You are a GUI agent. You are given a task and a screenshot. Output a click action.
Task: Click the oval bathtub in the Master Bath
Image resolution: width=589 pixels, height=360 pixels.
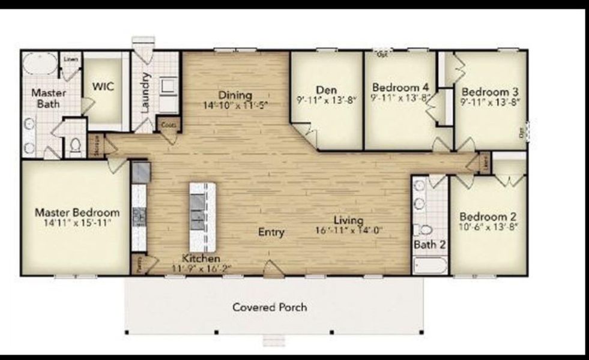click(40, 64)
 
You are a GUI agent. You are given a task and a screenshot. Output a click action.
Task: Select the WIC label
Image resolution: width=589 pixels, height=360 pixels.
click(103, 86)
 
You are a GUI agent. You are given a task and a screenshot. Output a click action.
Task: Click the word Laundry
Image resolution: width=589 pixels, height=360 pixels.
click(145, 92)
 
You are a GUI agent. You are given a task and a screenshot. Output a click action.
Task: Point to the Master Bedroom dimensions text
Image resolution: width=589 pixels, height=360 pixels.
click(76, 223)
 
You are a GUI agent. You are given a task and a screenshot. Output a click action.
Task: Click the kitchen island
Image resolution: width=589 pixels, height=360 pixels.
click(202, 217)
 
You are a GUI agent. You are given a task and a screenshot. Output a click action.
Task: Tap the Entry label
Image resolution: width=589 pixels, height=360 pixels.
click(271, 232)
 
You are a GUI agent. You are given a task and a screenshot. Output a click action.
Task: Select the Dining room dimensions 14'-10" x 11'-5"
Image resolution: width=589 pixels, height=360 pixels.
click(235, 105)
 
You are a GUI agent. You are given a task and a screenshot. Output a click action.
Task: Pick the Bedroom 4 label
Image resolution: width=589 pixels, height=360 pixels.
click(400, 86)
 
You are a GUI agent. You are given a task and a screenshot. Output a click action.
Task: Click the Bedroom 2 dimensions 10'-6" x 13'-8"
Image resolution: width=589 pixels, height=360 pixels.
click(489, 227)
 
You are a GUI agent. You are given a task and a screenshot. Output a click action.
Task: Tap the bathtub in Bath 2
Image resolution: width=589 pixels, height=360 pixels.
click(430, 265)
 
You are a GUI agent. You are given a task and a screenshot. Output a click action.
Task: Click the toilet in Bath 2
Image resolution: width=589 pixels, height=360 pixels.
click(423, 230)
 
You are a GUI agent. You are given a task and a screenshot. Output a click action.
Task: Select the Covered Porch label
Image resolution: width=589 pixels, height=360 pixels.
click(270, 307)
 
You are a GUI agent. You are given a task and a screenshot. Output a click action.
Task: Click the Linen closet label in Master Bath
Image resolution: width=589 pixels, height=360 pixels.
click(71, 59)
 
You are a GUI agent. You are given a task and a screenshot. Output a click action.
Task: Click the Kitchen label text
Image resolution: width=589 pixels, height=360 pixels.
click(201, 258)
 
